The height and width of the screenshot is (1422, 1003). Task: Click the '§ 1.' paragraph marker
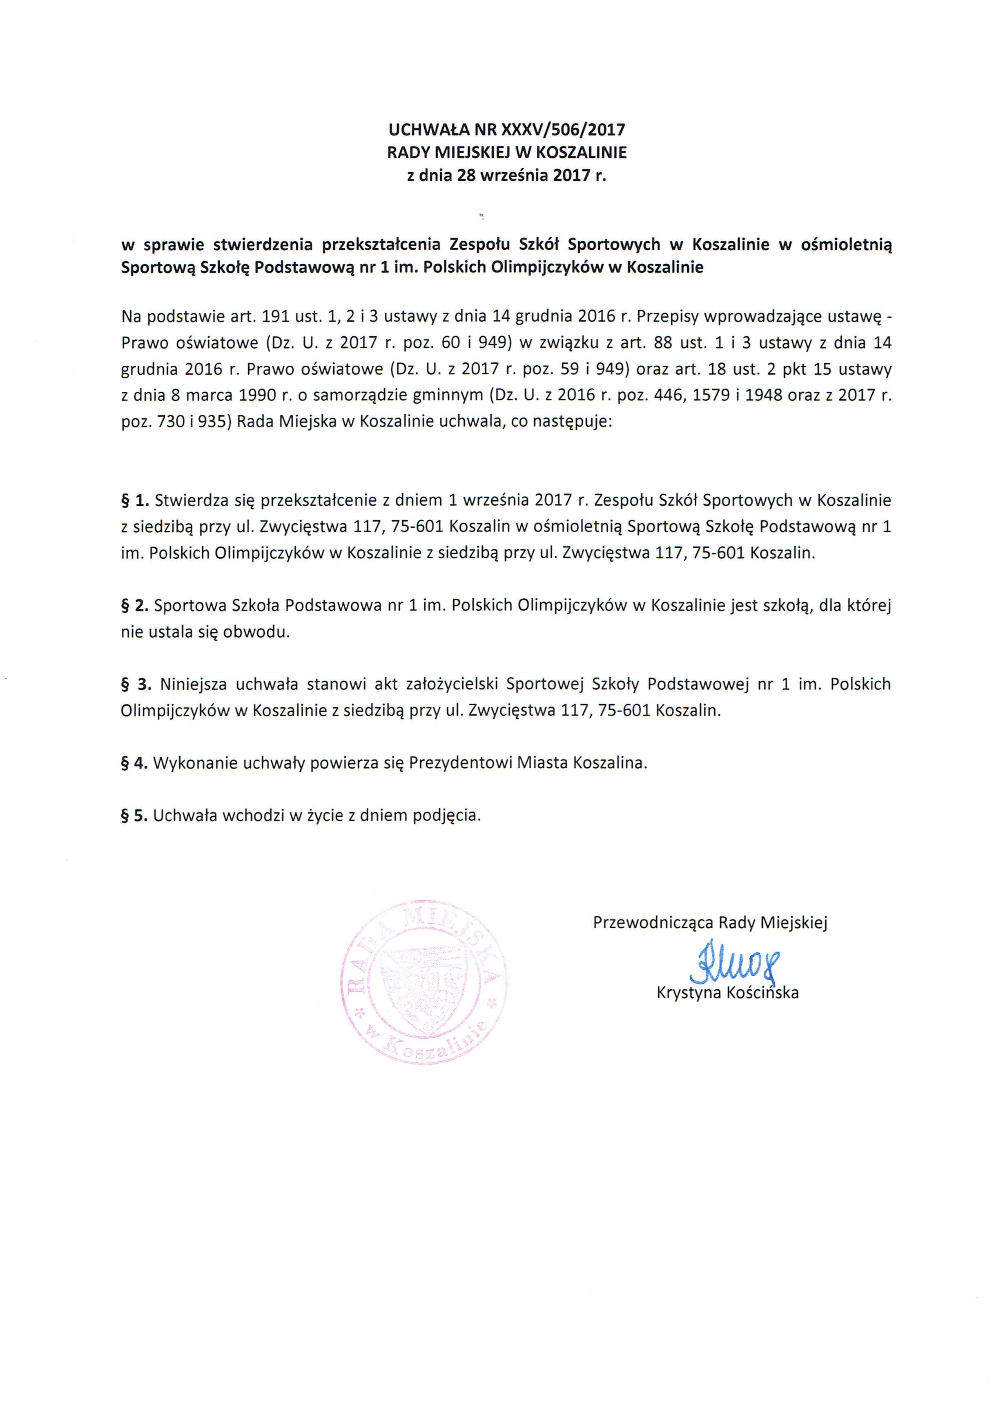[134, 500]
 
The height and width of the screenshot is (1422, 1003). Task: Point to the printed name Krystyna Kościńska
[727, 993]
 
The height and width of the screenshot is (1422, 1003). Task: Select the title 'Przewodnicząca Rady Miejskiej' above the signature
[710, 923]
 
